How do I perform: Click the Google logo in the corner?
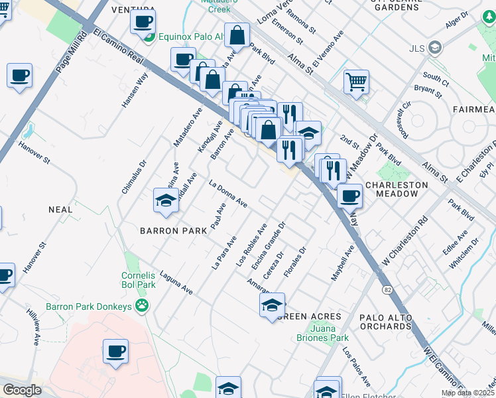[22, 390]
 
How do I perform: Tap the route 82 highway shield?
[387, 289]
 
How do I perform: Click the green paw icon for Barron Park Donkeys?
[141, 305]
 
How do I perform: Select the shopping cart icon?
[356, 82]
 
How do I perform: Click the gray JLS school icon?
[435, 47]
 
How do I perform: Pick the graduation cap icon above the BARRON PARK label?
[165, 200]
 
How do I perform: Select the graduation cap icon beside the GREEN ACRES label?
[272, 305]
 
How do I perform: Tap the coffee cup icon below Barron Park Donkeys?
[115, 352]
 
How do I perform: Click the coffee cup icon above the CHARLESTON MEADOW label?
[349, 196]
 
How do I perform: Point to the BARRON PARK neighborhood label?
[166, 231]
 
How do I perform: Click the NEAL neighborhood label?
[60, 209]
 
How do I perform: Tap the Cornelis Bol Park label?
[138, 280]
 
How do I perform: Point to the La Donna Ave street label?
[228, 194]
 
